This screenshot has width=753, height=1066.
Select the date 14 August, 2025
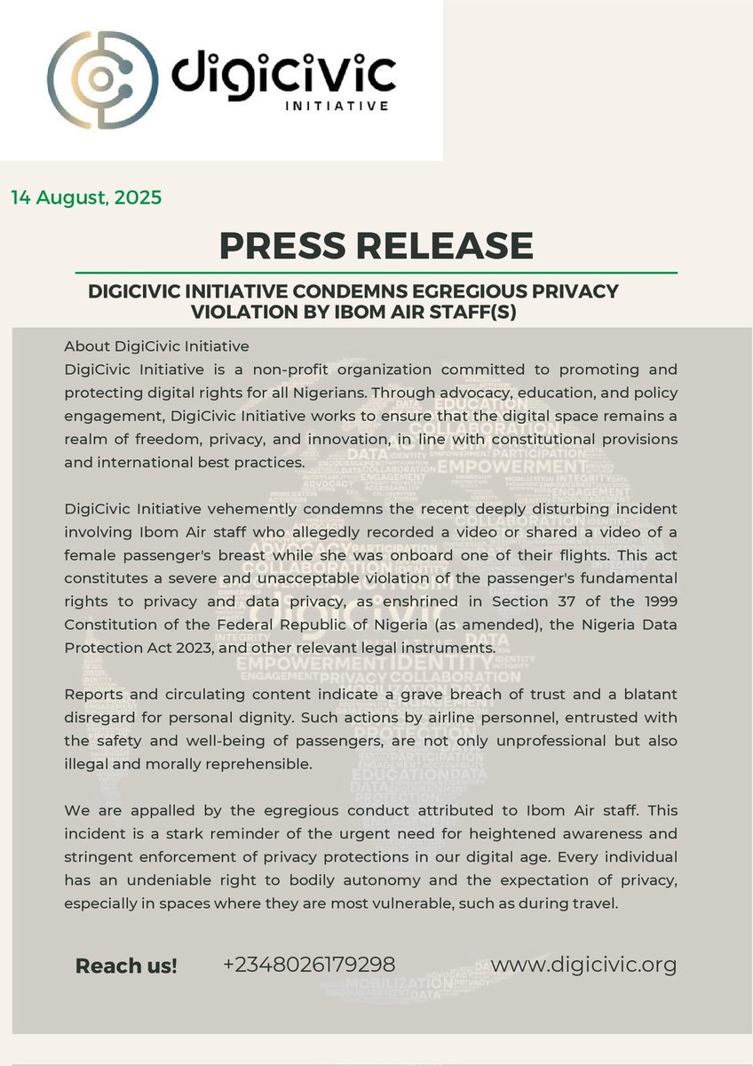click(x=86, y=197)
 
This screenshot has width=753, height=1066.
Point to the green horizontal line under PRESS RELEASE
click(x=376, y=272)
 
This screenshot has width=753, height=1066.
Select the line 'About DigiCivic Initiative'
click(x=156, y=346)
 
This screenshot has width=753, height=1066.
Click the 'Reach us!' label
click(x=126, y=967)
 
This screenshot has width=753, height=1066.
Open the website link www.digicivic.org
click(x=583, y=965)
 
